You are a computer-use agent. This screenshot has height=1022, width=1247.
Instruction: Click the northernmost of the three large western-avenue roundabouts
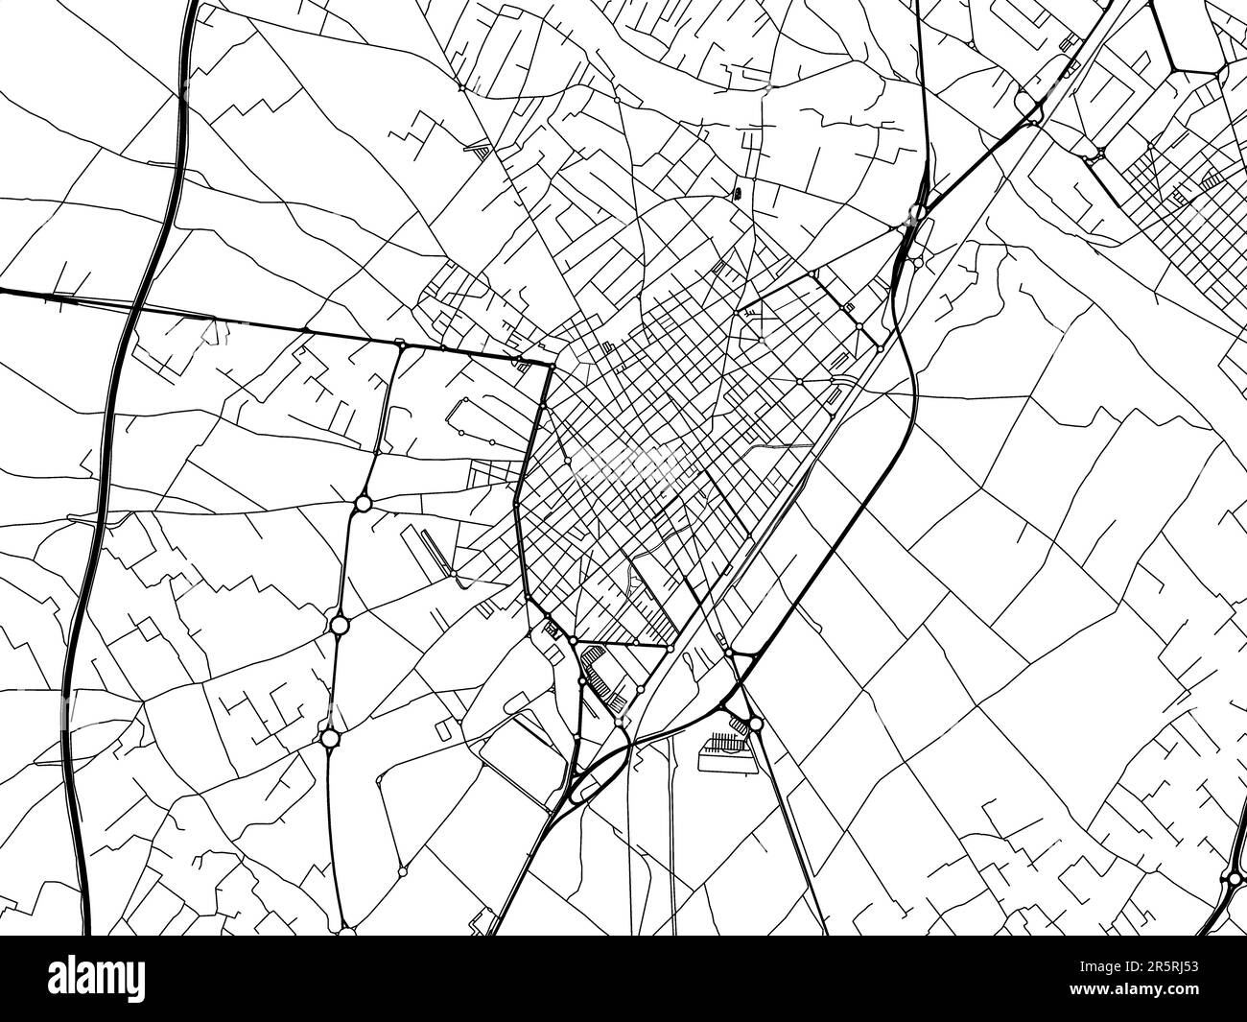pos(363,503)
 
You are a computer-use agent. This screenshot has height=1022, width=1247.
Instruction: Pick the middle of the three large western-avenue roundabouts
pos(339,626)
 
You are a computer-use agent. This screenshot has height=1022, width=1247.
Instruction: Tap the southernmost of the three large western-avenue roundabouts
pos(331,738)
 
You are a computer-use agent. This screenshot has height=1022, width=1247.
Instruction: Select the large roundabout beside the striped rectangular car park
pos(756,725)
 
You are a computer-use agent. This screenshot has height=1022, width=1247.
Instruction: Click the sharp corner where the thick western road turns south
pos(554,366)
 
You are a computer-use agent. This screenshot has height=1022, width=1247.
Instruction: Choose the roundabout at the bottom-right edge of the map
pos(1233,877)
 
